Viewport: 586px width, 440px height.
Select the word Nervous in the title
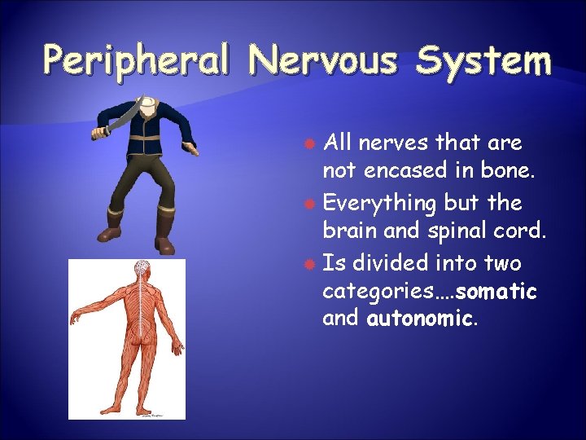click(x=325, y=60)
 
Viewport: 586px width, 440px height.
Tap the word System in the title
click(x=484, y=60)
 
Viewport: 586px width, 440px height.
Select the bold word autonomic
click(x=419, y=318)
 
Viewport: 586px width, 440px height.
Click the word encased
click(x=399, y=171)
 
